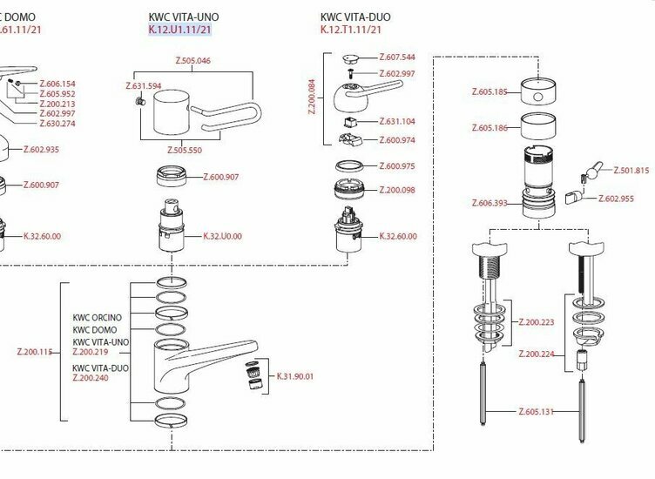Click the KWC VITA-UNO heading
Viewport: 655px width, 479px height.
(x=184, y=17)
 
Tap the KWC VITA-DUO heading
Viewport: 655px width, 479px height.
(x=355, y=17)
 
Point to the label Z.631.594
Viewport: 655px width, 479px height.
(x=144, y=86)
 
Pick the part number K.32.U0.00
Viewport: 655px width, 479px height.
(x=222, y=236)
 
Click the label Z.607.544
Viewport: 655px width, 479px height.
(x=397, y=57)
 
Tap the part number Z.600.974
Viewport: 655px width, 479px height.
(x=397, y=140)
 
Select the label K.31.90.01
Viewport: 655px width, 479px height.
(x=294, y=376)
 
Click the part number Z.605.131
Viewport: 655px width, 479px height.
(x=537, y=411)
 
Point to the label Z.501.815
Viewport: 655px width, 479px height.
(x=631, y=171)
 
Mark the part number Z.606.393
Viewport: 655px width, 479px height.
(x=489, y=203)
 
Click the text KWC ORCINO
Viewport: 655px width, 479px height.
(x=97, y=317)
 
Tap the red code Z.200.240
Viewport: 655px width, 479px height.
(x=90, y=378)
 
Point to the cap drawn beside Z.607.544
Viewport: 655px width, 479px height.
(x=351, y=59)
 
